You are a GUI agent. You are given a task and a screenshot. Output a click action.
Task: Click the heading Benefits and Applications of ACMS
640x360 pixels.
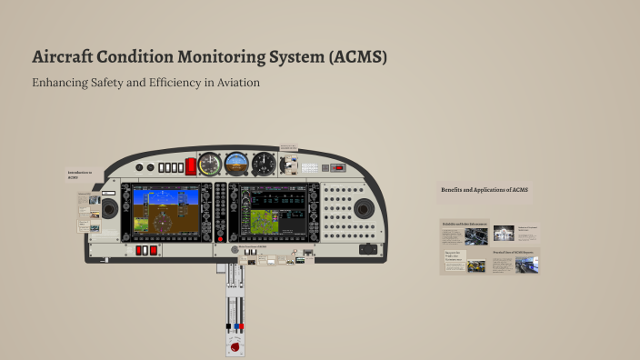(x=485, y=190)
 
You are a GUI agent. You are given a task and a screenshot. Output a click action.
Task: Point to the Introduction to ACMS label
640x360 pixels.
(x=80, y=174)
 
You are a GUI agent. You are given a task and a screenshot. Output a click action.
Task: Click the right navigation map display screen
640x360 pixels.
(x=266, y=209)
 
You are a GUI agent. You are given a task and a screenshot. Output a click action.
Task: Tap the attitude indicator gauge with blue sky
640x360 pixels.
(x=236, y=165)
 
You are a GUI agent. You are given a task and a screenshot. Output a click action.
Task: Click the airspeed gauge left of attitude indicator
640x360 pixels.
(x=210, y=165)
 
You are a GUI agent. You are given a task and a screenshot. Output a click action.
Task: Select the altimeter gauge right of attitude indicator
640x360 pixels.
(x=264, y=165)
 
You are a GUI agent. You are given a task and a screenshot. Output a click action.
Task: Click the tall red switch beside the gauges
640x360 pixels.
(x=191, y=166)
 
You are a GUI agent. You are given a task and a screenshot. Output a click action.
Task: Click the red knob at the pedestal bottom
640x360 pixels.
(x=236, y=346)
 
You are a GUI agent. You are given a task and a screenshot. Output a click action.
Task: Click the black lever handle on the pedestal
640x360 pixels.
(x=228, y=325)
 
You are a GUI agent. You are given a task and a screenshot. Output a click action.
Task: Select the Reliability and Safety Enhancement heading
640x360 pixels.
(x=465, y=223)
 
